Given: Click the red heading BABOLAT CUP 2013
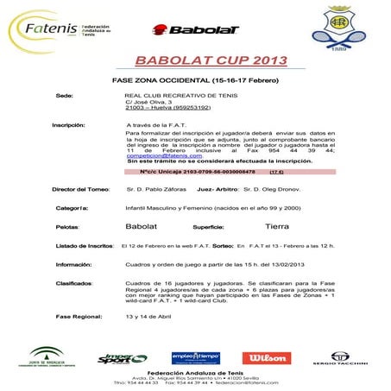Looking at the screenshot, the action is [x=195, y=60].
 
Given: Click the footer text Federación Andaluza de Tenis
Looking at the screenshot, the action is [x=195, y=375].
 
